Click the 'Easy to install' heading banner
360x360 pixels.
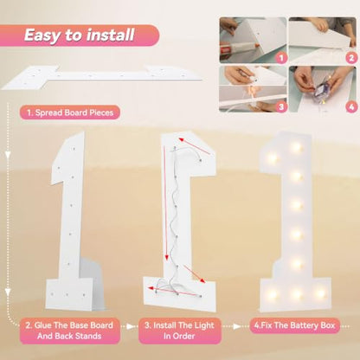80,35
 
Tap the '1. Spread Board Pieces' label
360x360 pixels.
70,112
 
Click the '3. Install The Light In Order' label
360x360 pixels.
179,331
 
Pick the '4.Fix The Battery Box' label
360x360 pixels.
294,325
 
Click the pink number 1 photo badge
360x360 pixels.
281,58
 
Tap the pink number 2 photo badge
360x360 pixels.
351,58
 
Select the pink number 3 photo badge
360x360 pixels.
281,107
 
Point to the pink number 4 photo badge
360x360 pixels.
351,107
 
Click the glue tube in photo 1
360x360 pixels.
238,48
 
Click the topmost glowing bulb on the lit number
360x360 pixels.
297,148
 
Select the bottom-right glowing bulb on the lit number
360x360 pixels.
320,293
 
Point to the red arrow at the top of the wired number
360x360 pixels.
194,146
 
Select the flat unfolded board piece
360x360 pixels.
101,76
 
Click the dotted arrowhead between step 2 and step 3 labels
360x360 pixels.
131,326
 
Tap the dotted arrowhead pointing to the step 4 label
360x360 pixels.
237,326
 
